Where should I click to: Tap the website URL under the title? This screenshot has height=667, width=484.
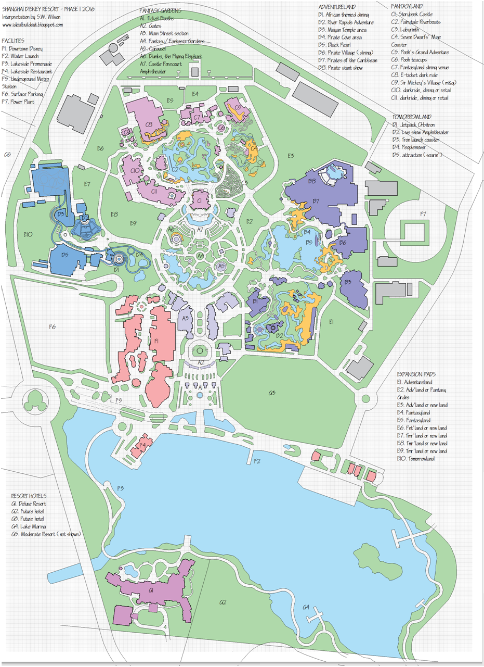click(33, 24)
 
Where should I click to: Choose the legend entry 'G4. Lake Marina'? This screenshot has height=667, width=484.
click(31, 527)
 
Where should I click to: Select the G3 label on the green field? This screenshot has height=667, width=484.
click(271, 393)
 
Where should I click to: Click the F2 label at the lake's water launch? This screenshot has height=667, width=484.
click(257, 461)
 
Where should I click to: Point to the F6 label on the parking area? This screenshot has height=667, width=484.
click(52, 326)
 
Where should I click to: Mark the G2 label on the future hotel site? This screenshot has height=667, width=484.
click(223, 602)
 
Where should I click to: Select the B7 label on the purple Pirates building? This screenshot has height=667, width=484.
click(315, 200)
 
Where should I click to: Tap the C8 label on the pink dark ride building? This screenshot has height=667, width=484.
click(149, 124)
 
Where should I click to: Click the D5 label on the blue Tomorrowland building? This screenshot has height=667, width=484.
click(64, 255)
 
